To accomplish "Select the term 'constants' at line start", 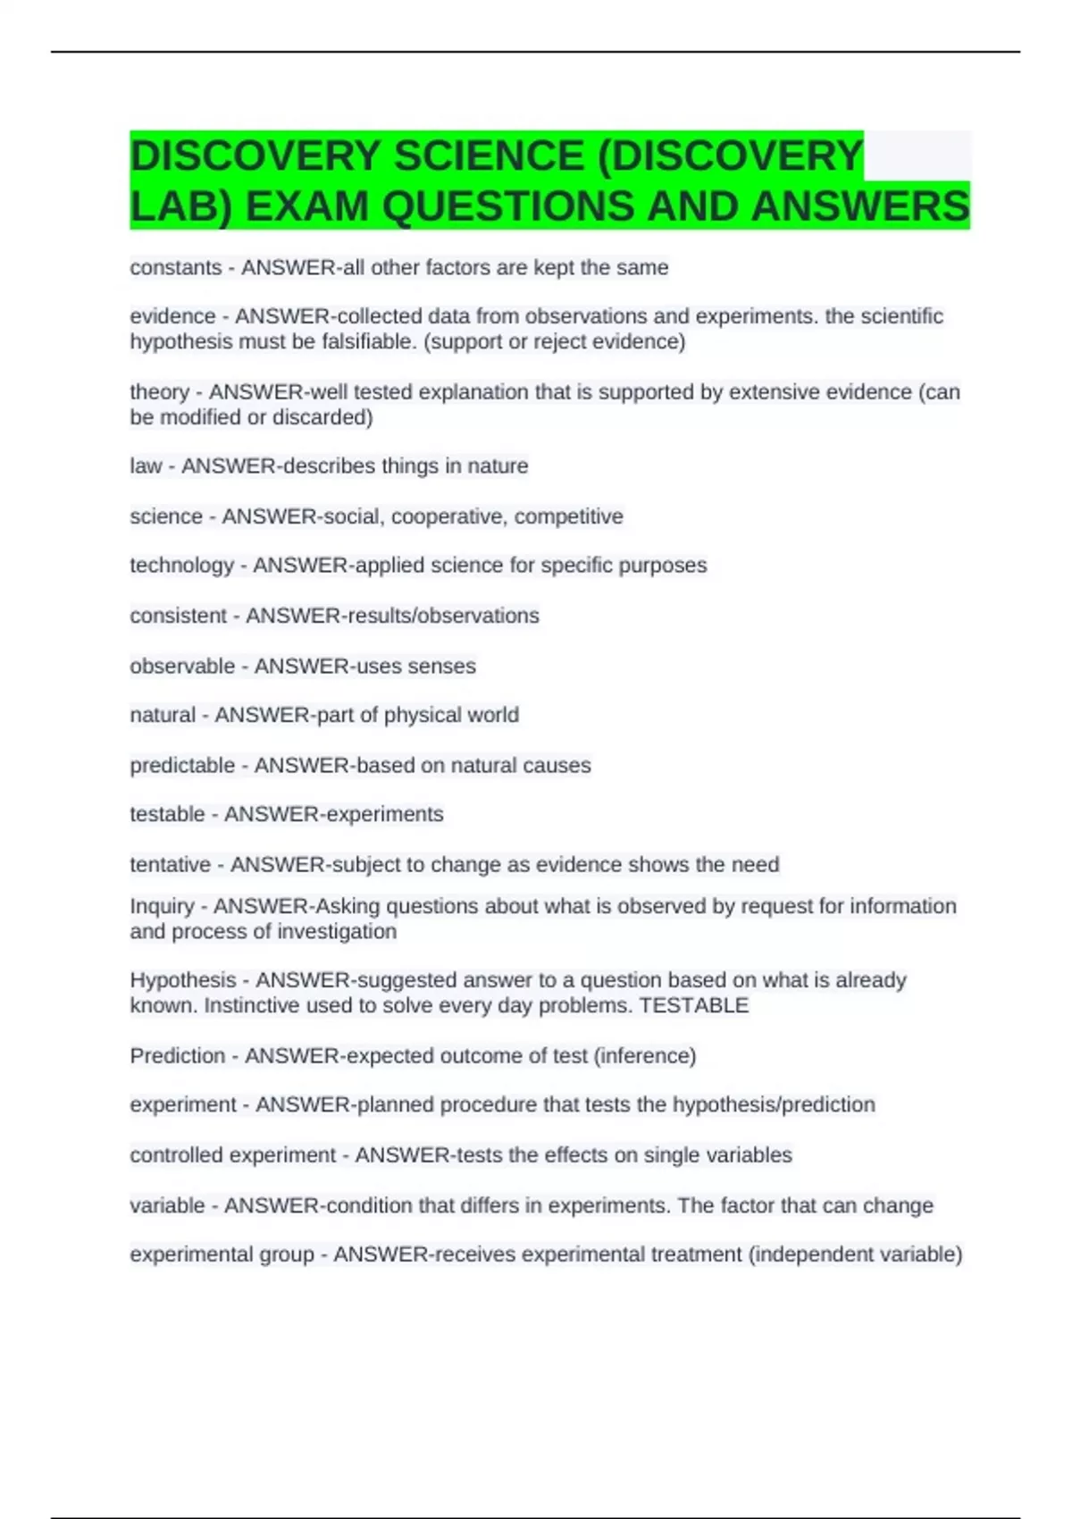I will tap(176, 267).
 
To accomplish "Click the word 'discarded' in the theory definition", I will tap(322, 417).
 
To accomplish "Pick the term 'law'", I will tap(146, 466).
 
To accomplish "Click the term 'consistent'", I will tap(179, 616).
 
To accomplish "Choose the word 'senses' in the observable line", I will tap(442, 666).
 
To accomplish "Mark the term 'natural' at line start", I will tap(163, 715).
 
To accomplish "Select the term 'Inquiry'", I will tap(162, 906).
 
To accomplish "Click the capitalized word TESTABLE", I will tap(694, 1005).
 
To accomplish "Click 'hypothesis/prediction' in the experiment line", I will tap(774, 1104).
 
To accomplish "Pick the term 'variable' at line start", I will tap(167, 1205).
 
